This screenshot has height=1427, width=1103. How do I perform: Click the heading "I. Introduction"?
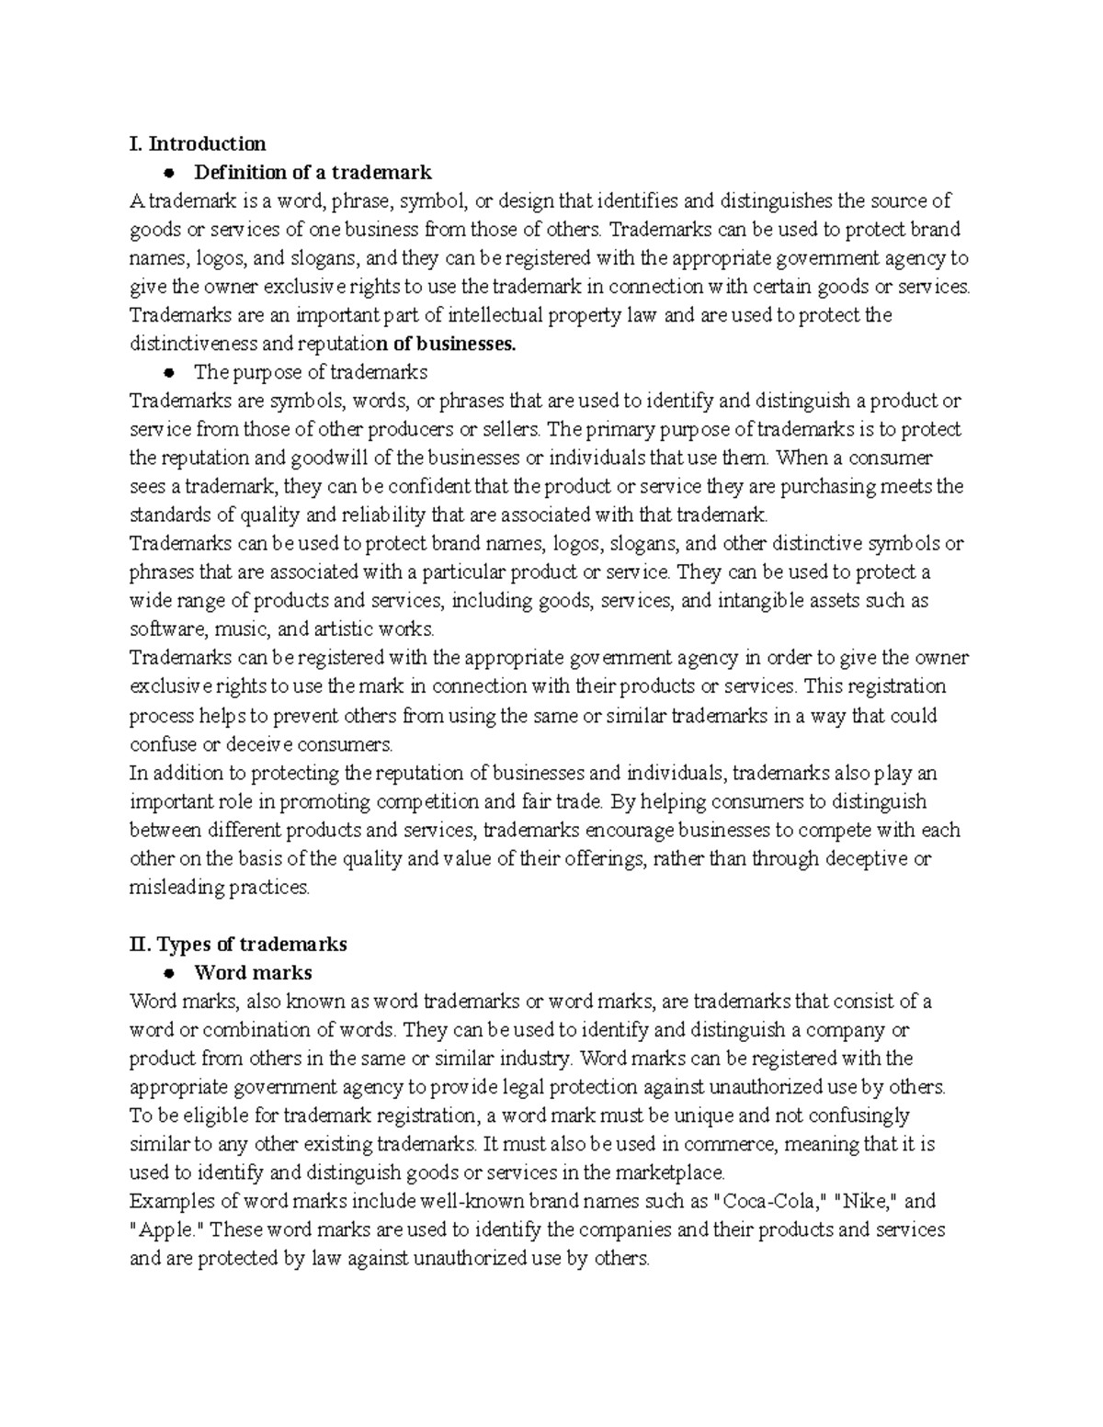198,143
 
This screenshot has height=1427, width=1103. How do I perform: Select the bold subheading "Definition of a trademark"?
312,172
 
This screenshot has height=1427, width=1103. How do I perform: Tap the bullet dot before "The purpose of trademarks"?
168,373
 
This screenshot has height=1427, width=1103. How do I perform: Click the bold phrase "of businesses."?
449,344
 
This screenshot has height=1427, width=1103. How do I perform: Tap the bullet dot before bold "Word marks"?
168,973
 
